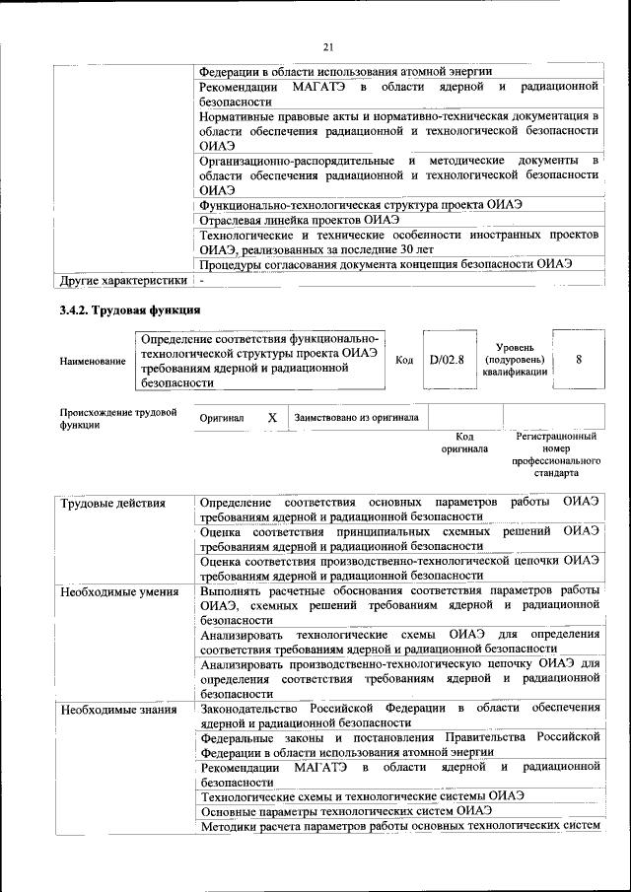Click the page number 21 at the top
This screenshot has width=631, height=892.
(x=328, y=43)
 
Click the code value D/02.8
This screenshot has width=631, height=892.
(x=447, y=360)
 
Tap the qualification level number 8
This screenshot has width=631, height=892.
(x=579, y=360)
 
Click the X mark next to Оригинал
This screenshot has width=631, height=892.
(x=272, y=418)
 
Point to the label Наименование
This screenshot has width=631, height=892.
(x=93, y=362)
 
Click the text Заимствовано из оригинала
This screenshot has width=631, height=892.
(x=356, y=418)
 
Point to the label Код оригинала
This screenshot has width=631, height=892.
(x=464, y=443)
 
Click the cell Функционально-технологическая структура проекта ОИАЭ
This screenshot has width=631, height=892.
(x=360, y=204)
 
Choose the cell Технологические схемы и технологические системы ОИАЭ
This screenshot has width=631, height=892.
(x=361, y=794)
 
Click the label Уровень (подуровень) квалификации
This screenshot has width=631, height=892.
(x=515, y=361)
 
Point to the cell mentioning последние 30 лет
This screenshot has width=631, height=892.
(x=398, y=242)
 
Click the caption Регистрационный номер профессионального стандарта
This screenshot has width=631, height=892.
(x=557, y=454)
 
